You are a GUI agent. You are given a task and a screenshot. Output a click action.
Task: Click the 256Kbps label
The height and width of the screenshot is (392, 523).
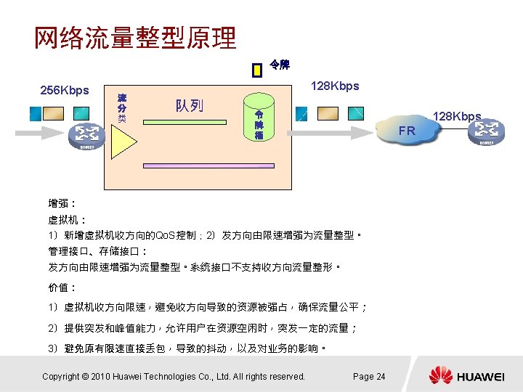coord(65,91)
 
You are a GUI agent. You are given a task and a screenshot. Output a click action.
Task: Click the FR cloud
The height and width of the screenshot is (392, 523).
coord(408,131)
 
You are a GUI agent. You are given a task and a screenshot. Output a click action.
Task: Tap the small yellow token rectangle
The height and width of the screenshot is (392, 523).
coord(256,70)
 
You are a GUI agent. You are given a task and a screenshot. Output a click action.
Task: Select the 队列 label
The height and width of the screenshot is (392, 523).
coord(189,106)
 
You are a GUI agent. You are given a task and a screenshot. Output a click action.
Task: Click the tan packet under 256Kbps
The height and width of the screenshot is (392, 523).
coord(54,113)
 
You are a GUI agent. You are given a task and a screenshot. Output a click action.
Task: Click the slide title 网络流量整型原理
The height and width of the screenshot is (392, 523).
coord(135,38)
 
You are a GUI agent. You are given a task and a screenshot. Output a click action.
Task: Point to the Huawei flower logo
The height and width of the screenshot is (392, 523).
coord(440,375)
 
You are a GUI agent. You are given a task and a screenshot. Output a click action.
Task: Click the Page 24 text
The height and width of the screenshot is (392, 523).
coord(369,376)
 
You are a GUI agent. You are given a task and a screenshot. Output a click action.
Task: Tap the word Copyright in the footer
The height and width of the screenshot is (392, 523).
coord(61,376)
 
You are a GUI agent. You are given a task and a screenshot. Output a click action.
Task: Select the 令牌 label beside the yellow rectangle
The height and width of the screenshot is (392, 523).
coord(280,65)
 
